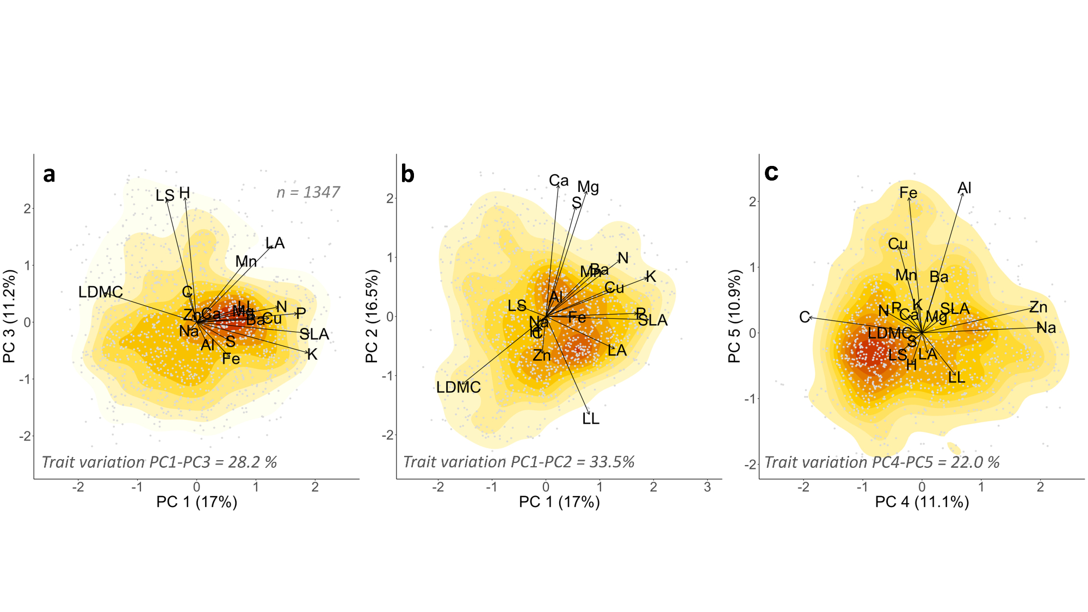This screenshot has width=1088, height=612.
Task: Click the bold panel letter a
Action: (x=49, y=175)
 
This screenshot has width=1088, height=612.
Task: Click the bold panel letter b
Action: (x=407, y=174)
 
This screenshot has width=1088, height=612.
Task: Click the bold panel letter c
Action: (x=771, y=172)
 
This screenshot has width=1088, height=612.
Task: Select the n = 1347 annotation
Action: (x=308, y=192)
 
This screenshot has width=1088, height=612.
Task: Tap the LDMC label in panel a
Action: (x=101, y=292)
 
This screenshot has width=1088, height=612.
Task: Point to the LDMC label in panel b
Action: (x=459, y=387)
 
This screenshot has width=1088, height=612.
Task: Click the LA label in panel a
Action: (x=275, y=243)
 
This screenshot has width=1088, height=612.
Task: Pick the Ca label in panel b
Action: (x=559, y=181)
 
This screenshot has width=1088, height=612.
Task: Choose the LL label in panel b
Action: (x=591, y=419)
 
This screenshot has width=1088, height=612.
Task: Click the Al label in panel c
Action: (x=965, y=188)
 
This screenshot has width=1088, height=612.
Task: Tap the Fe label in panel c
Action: (x=908, y=193)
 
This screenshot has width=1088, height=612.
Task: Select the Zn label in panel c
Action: (x=1038, y=307)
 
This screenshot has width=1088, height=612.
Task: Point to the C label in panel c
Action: (x=805, y=317)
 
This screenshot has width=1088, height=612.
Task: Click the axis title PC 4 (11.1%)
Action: (x=922, y=502)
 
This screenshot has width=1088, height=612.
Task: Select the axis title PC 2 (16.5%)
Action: (x=372, y=316)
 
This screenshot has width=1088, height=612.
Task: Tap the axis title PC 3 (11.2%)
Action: (x=9, y=316)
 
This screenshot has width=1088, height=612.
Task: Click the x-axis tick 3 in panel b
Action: (x=707, y=487)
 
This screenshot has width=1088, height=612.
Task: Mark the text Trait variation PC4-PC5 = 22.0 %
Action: (x=882, y=462)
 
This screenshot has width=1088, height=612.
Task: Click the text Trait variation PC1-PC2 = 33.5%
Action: (x=519, y=462)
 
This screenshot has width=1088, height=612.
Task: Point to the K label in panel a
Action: (x=312, y=355)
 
